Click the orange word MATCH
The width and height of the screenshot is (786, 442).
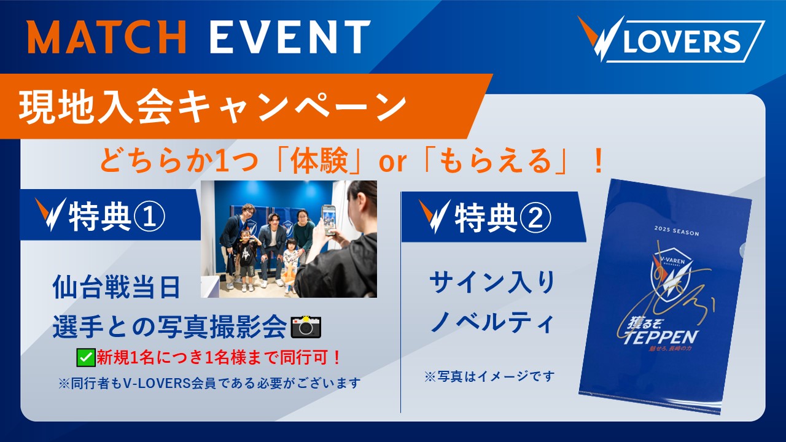tap(107, 37)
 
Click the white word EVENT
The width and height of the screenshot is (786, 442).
tap(290, 37)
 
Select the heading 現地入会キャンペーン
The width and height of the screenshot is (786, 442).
tap(212, 106)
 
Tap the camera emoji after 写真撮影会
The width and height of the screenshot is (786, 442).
tap(306, 327)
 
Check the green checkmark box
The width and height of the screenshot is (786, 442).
tap(86, 358)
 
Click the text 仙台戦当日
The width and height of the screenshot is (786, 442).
tap(117, 287)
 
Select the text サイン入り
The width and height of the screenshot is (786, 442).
tap(492, 283)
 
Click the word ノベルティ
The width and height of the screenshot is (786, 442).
tap(492, 322)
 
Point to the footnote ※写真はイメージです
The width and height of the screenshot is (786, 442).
tap(489, 376)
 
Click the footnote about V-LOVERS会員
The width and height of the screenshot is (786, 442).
tap(209, 383)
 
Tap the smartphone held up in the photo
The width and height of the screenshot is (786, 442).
tap(329, 220)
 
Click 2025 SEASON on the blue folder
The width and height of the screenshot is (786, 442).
tap(677, 231)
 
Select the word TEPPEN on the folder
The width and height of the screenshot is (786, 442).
tap(660, 338)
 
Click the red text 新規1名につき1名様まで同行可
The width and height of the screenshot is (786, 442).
tap(219, 358)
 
